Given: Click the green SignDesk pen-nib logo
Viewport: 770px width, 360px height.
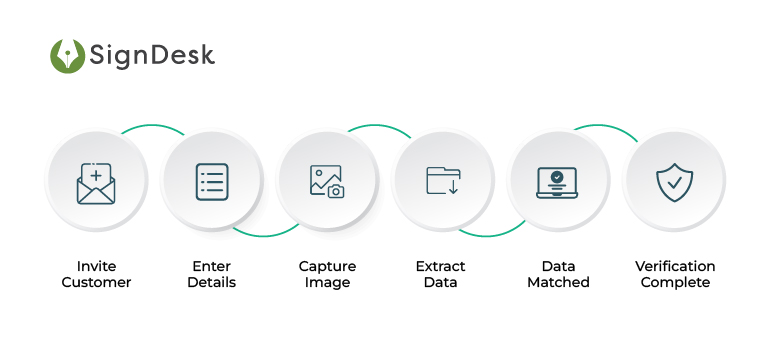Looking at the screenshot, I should coord(68,55).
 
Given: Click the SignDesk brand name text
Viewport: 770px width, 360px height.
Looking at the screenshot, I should coord(152,55).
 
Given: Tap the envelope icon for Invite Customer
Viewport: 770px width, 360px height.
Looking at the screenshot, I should coord(96,183).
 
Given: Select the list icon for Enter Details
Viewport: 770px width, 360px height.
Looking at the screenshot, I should coord(211,181).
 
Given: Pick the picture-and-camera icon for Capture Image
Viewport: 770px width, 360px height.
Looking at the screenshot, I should coord(326,181).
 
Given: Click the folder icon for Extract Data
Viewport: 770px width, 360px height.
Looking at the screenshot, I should coord(442,180).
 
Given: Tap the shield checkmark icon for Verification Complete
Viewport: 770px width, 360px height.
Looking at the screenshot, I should coord(674,182).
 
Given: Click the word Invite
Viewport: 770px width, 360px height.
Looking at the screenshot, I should coord(96,267).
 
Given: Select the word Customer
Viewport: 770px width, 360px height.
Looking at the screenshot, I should coord(96,283).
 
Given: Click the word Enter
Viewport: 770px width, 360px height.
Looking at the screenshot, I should coord(211,267).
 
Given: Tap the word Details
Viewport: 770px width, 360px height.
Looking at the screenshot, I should coord(211,283).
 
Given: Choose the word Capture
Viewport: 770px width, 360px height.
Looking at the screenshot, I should coord(327,267).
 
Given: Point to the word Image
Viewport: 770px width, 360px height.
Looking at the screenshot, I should coord(327,283).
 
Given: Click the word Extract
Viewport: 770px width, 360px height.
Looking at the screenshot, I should coord(442,267).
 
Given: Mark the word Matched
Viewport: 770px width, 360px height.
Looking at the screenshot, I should coord(558,283).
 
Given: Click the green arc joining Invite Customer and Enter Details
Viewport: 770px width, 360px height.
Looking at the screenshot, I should coord(153,126).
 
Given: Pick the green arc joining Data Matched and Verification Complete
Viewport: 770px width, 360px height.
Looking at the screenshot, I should coord(605,126).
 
